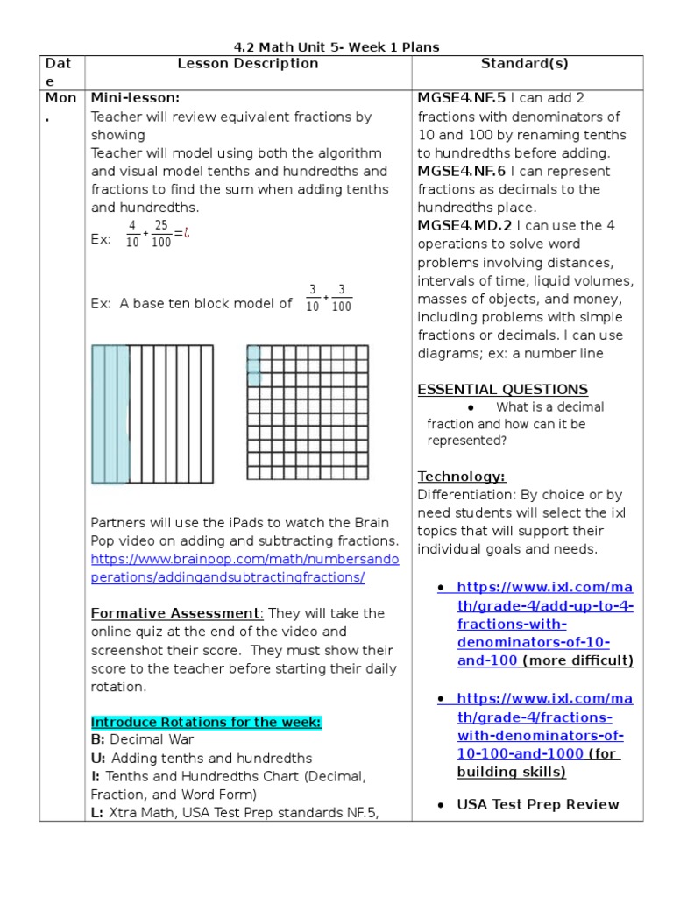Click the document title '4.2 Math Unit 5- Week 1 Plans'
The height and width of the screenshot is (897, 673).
click(336, 46)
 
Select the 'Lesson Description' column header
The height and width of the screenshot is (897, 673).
click(248, 63)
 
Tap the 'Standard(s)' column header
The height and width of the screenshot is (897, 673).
click(527, 63)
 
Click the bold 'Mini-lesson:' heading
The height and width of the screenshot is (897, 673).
click(135, 98)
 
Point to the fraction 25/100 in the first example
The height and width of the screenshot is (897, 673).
click(161, 234)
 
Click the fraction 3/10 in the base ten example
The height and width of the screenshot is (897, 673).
click(312, 298)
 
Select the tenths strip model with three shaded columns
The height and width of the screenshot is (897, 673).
click(152, 413)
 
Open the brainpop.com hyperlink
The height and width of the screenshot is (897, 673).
click(244, 569)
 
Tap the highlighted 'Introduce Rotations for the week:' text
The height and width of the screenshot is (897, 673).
click(206, 722)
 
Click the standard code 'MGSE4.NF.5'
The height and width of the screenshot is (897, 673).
click(462, 98)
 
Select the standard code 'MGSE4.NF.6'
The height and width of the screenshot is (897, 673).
click(462, 171)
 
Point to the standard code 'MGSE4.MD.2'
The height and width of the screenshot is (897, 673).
click(463, 225)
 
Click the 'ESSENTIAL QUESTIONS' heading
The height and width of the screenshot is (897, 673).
click(502, 389)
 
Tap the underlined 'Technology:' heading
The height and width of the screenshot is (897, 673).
click(461, 476)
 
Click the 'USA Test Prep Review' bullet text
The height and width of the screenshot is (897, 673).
click(538, 804)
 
